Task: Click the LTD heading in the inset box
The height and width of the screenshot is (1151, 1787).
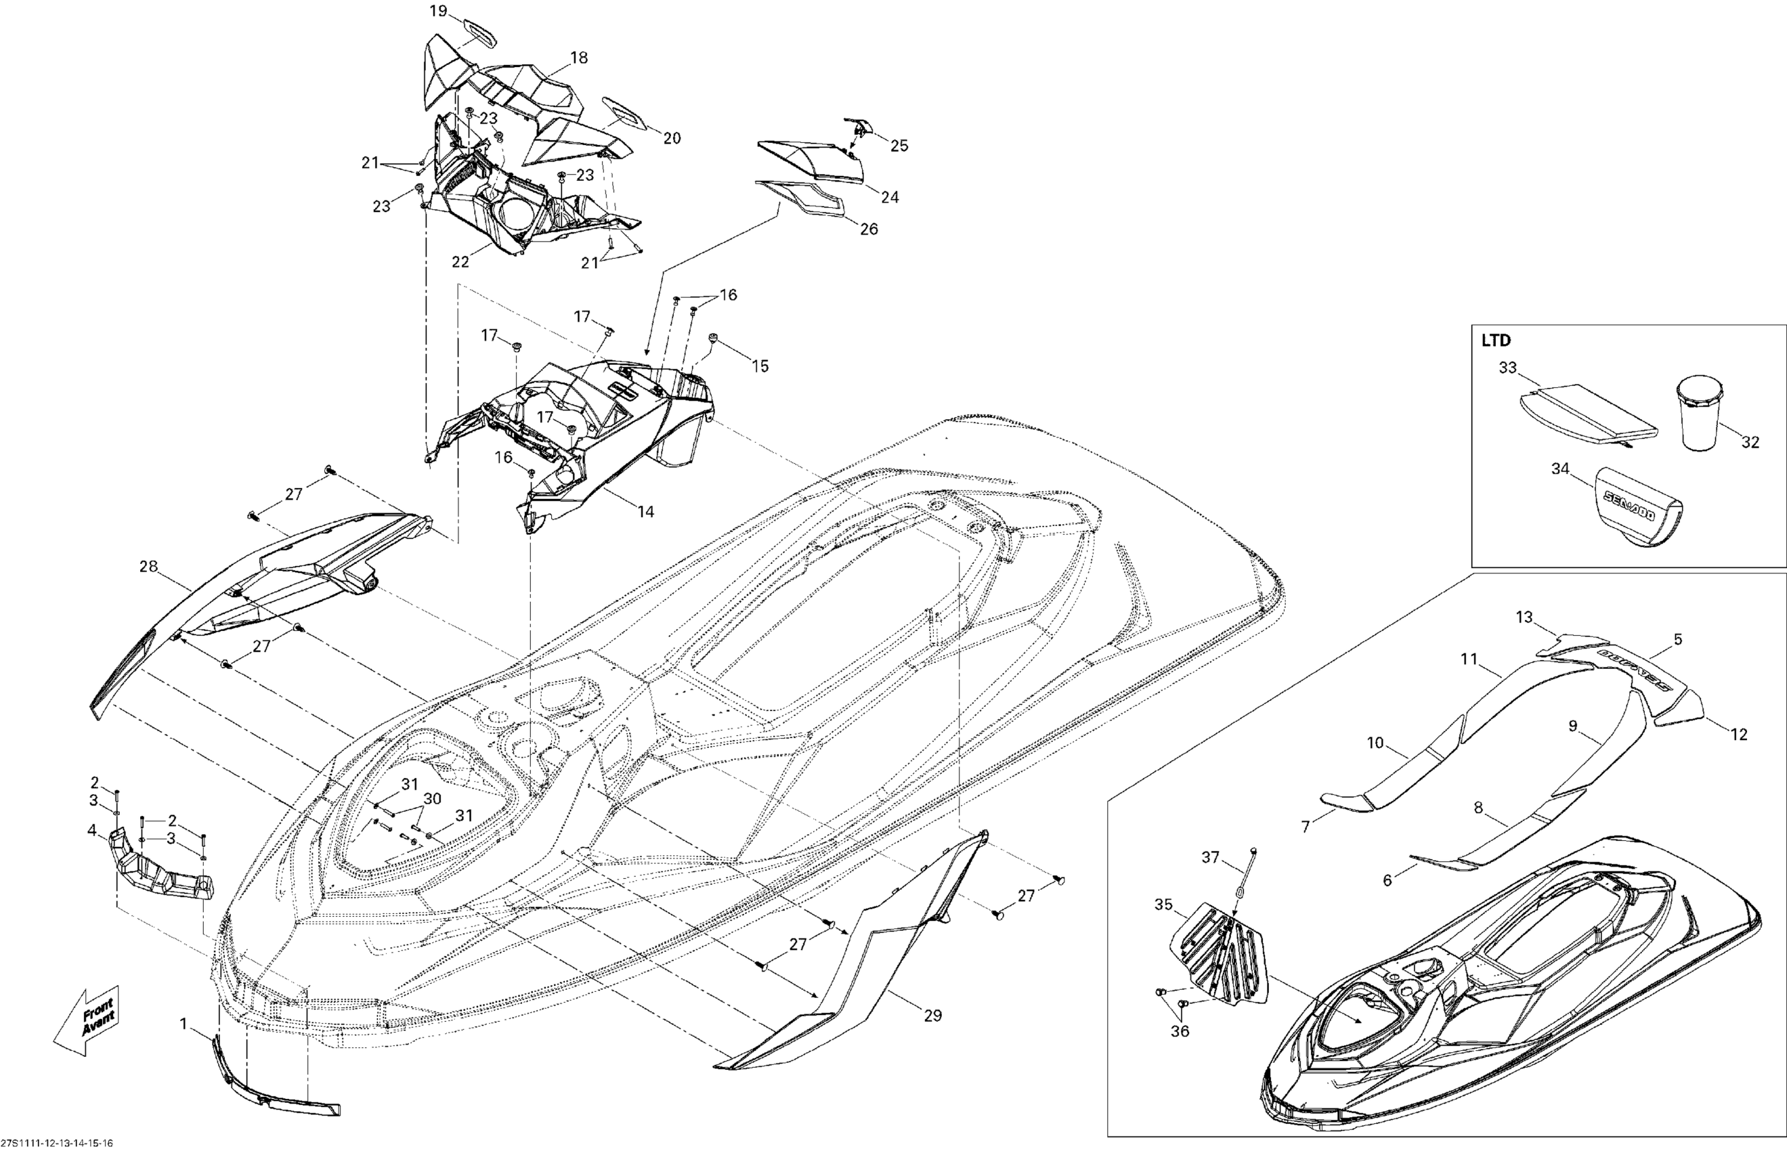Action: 1496,341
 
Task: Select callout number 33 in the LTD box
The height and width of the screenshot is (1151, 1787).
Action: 1507,368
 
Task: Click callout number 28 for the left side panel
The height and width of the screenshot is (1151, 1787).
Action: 149,567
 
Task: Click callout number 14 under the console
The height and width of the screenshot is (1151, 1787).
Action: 646,511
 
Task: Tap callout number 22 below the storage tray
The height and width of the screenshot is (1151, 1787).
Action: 460,261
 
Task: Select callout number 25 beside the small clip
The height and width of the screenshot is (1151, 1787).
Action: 899,146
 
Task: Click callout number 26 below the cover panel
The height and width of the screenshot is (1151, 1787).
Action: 869,229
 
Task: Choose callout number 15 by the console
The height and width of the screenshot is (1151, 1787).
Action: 760,366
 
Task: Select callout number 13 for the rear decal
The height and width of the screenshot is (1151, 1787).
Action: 1524,617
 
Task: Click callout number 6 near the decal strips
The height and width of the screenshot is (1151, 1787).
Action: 1387,880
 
